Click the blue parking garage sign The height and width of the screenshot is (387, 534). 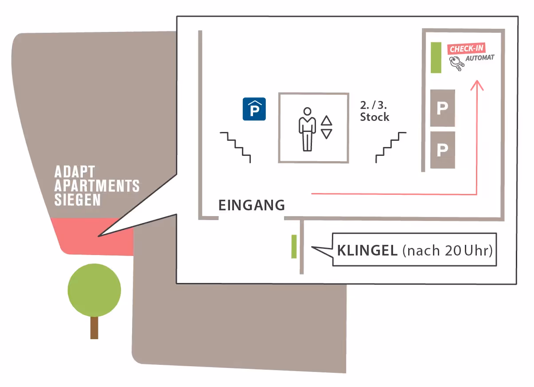click(254, 109)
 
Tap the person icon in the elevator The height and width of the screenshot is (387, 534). click(307, 129)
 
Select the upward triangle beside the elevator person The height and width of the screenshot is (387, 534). click(327, 120)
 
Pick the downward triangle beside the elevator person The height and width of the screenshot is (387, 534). click(327, 134)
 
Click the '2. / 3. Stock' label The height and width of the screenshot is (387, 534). click(374, 111)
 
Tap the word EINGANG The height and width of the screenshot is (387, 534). click(251, 205)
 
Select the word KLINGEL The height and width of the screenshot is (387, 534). click(367, 251)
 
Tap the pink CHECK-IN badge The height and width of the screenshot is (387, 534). click(466, 48)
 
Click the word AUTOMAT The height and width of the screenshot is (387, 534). click(479, 58)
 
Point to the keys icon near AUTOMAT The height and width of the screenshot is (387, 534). click(456, 65)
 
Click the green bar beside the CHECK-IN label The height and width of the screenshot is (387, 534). click(436, 58)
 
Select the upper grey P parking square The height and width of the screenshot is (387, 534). click(442, 108)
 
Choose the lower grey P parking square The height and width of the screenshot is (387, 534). click(442, 150)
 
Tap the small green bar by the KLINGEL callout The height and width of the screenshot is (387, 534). click(294, 247)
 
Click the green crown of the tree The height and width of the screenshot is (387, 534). click(94, 290)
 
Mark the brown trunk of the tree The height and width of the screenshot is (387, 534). click(94, 328)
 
